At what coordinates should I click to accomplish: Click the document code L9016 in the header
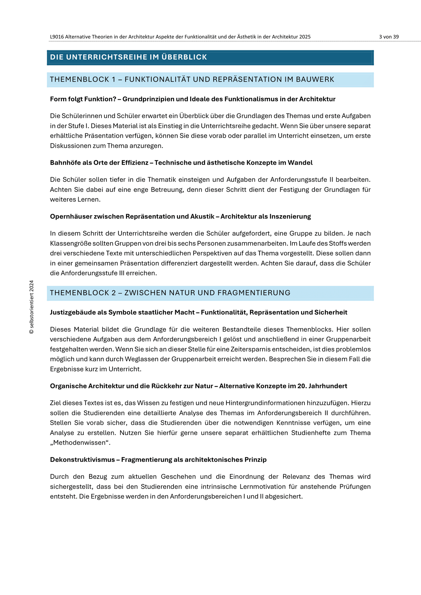[57, 37]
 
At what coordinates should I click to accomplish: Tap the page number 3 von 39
[389, 37]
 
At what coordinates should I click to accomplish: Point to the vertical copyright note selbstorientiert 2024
[32, 307]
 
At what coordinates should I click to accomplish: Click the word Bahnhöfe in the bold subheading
[63, 163]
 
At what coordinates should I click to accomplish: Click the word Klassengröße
[68, 243]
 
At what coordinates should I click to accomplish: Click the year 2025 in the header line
[305, 37]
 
